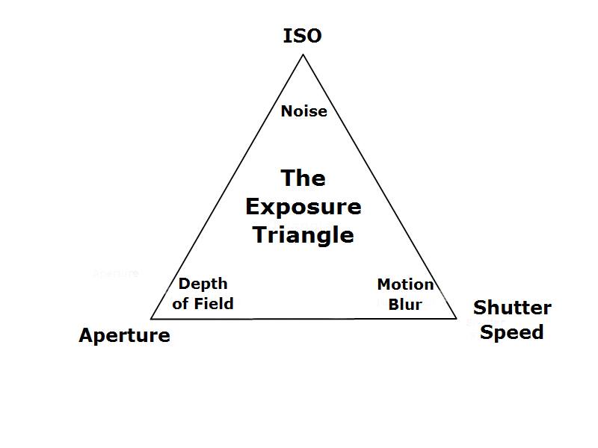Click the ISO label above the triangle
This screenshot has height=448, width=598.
[x=303, y=36]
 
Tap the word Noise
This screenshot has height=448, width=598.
[x=304, y=111]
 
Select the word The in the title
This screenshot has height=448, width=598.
[x=303, y=178]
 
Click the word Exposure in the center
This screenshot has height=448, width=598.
[x=303, y=208]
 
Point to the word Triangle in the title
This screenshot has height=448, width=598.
[x=303, y=234]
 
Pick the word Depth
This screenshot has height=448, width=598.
[x=203, y=284]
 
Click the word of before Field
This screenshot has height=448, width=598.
[x=180, y=304]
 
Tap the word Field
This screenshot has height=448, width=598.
[x=214, y=304]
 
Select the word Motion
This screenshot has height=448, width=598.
[x=405, y=284]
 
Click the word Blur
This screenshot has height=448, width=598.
[x=405, y=305]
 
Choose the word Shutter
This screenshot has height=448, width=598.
[x=512, y=308]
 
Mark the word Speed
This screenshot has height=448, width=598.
[x=512, y=332]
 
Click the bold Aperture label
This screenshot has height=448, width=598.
[x=124, y=335]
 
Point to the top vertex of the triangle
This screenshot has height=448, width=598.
[x=303, y=55]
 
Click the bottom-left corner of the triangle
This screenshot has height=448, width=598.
[x=151, y=319]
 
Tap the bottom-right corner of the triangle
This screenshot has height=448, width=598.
[x=457, y=318]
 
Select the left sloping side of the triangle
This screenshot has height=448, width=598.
[x=227, y=187]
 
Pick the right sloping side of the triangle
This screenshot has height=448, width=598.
[x=380, y=186]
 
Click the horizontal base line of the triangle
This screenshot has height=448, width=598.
[x=303, y=319]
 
